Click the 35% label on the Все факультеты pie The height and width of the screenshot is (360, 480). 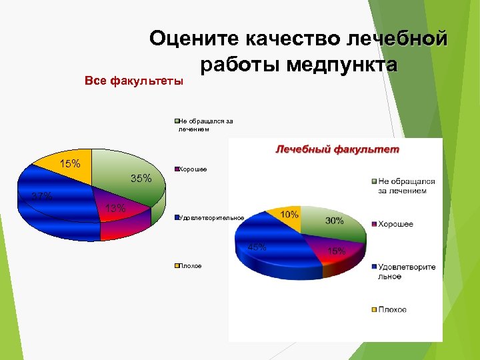[141, 178]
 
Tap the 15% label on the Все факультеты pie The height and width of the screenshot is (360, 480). [70, 163]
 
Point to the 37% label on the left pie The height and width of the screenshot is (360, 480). [42, 196]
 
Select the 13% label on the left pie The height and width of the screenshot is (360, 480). [115, 208]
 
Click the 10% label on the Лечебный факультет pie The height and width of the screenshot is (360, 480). [289, 215]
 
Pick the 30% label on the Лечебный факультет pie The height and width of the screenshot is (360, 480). [335, 221]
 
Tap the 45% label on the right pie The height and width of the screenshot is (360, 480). [257, 247]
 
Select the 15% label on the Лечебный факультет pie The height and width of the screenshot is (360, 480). [335, 251]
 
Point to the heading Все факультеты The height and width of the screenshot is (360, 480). [134, 81]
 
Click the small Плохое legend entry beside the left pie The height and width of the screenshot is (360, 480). [189, 265]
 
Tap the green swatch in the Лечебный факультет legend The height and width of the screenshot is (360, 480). [374, 181]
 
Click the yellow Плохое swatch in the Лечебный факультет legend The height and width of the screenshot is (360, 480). [374, 309]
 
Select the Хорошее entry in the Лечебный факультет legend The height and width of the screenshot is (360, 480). [396, 224]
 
